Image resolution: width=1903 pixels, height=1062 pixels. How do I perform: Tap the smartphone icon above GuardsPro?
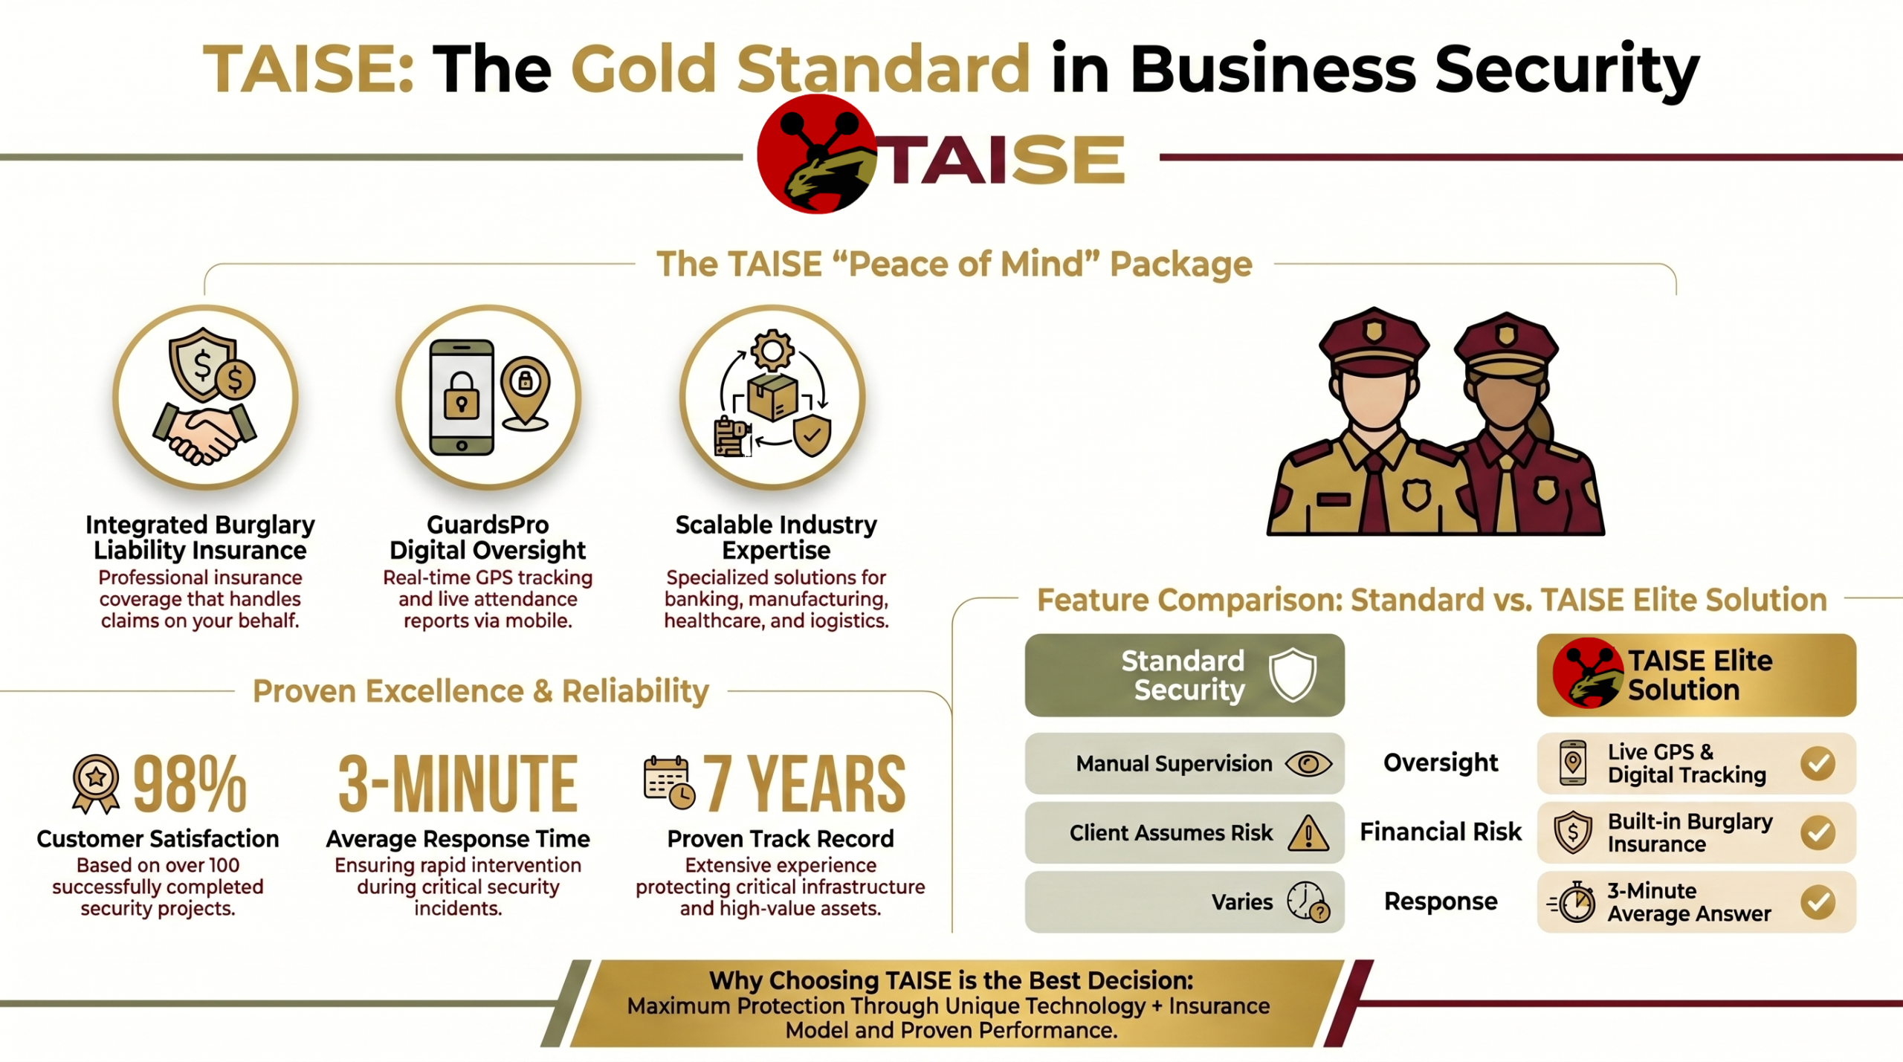462,397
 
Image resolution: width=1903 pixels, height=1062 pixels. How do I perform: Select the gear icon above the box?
772,350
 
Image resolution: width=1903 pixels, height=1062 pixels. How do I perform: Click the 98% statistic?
190,783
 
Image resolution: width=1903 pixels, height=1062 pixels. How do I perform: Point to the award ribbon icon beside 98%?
96,783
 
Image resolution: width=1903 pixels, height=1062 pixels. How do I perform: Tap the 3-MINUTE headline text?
458,783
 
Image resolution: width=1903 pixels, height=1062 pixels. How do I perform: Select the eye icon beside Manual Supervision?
1308,763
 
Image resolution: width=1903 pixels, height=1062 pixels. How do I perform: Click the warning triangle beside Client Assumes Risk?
1308,832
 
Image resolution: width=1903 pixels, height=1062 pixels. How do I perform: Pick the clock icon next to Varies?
1308,901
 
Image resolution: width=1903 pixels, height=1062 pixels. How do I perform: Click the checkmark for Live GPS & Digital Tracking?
1818,763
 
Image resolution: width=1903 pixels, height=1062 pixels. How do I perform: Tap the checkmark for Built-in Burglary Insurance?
1818,832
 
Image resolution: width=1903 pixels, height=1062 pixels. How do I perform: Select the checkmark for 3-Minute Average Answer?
1818,902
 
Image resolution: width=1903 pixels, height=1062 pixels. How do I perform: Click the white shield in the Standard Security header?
1293,674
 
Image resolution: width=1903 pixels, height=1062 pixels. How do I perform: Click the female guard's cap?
1507,346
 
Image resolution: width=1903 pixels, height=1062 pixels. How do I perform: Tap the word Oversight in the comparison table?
1441,762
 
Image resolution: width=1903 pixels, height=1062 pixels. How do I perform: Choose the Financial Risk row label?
1441,832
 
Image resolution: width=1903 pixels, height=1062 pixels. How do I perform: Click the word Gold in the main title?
644,69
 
